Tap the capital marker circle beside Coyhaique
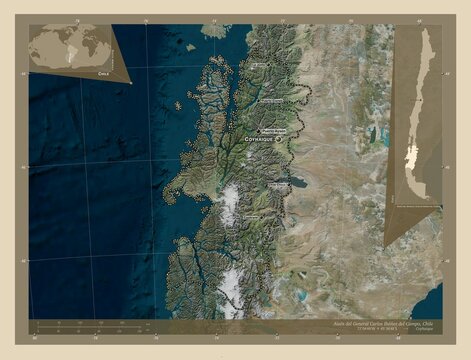(279, 140)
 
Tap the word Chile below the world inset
(102, 74)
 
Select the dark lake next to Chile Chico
(297, 184)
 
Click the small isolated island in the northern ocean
(214, 31)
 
